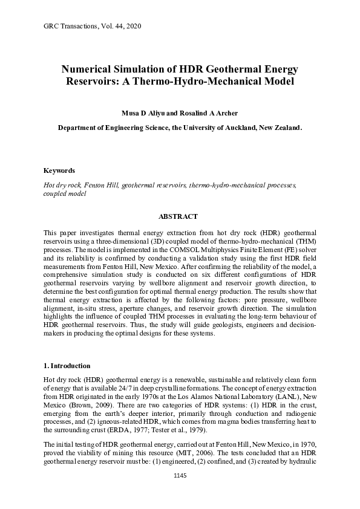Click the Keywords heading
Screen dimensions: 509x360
point(59,171)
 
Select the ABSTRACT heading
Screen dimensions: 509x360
point(178,216)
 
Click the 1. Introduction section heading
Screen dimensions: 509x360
point(67,366)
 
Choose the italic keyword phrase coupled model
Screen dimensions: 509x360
point(65,195)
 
